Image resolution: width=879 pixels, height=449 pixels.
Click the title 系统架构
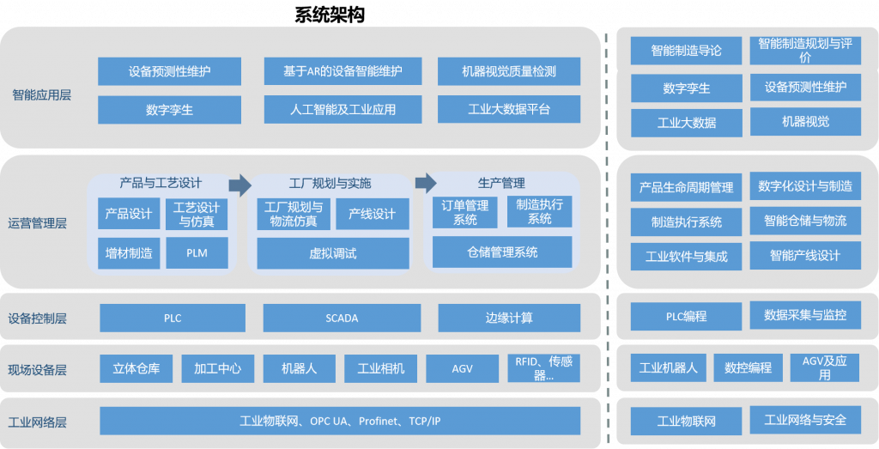(330, 15)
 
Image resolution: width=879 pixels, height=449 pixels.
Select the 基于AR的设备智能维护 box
(343, 71)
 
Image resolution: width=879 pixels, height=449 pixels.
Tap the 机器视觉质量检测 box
(509, 71)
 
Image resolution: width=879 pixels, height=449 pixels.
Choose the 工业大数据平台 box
(509, 109)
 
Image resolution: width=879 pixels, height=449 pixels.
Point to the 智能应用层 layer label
(41, 94)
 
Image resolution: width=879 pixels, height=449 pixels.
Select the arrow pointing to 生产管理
(426, 183)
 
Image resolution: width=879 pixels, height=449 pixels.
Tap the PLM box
(197, 252)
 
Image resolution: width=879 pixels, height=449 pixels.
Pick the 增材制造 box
(129, 253)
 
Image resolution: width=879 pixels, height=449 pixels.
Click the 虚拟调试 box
(333, 253)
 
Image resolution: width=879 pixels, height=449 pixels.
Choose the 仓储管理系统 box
(502, 252)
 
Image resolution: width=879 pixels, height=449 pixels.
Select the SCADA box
(342, 318)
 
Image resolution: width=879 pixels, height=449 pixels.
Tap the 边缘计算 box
(509, 318)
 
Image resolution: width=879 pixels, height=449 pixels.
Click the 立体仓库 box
(136, 368)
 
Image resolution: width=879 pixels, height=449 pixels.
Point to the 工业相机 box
(380, 368)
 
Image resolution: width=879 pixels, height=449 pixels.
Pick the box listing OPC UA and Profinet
(340, 421)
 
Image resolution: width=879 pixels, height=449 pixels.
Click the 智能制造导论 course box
(686, 51)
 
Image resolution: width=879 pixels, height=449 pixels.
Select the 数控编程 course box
(748, 367)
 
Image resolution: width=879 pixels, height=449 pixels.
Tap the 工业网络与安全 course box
(805, 420)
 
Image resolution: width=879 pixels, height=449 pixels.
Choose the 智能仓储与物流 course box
(805, 221)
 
